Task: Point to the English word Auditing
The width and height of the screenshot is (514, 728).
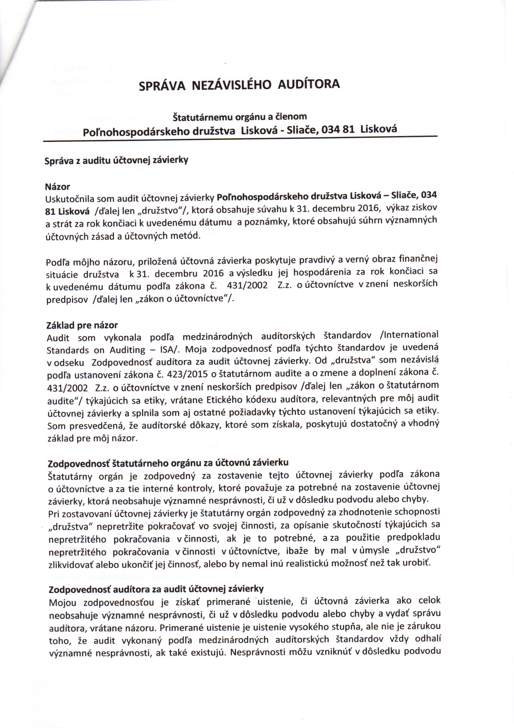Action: pos(127,350)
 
